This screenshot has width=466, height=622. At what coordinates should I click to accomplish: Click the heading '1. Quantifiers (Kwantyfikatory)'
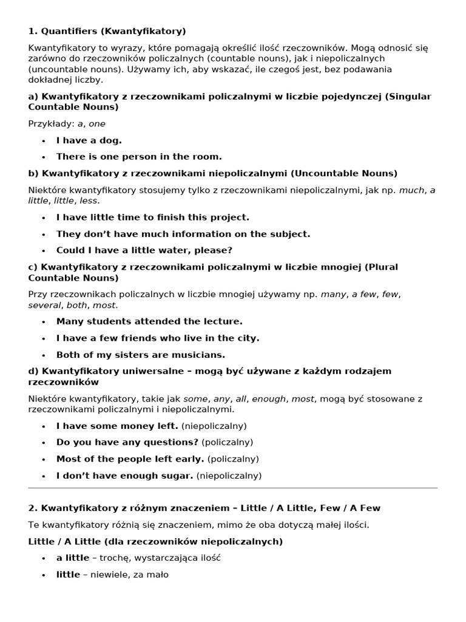pyautogui.click(x=107, y=31)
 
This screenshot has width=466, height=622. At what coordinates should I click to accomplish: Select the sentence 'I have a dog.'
pyautogui.click(x=89, y=140)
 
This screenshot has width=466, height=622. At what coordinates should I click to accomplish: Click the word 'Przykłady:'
pyautogui.click(x=51, y=123)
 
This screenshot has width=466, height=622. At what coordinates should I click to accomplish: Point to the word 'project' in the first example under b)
pyautogui.click(x=231, y=217)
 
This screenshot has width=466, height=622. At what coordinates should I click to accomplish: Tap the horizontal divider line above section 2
pyautogui.click(x=233, y=488)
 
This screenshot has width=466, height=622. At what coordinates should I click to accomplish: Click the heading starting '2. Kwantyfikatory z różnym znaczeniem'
pyautogui.click(x=204, y=507)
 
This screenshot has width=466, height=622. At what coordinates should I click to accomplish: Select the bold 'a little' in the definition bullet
pyautogui.click(x=73, y=558)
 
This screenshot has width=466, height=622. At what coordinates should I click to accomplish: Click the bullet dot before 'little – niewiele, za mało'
pyautogui.click(x=44, y=575)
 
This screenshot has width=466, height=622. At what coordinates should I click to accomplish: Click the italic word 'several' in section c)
pyautogui.click(x=44, y=305)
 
